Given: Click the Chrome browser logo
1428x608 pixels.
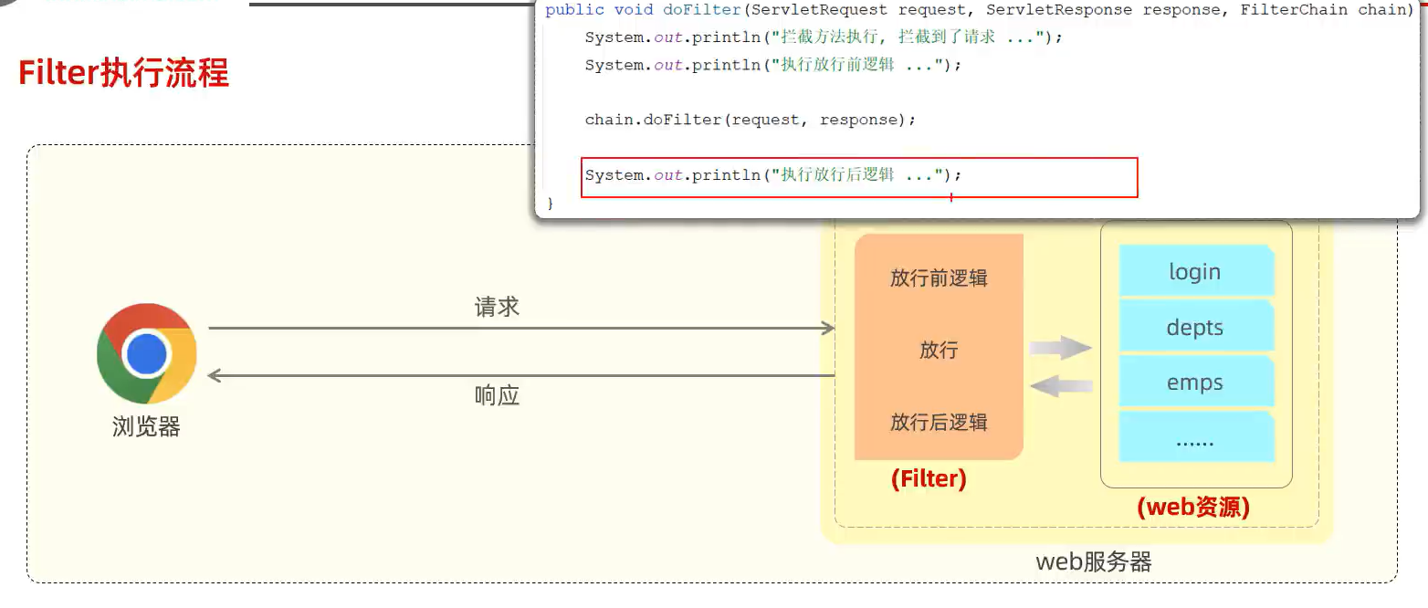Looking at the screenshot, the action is click(147, 353).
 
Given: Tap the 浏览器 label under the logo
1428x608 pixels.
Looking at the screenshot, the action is click(146, 426).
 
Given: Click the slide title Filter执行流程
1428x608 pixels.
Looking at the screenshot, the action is click(123, 73).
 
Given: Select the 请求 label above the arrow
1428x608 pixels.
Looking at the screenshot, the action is click(497, 307).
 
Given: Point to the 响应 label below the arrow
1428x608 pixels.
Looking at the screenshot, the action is click(497, 395).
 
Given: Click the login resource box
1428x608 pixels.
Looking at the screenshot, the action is click(1195, 271).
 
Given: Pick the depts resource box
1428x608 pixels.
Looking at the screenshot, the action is click(1195, 327).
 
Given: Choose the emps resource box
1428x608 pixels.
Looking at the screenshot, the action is click(1195, 383).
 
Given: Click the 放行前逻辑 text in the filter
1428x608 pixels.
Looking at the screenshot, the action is click(939, 278).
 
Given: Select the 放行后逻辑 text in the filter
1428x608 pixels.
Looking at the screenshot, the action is click(939, 423).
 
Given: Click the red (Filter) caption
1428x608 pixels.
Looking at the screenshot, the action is click(929, 478).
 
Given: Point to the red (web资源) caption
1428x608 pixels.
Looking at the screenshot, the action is click(1193, 507).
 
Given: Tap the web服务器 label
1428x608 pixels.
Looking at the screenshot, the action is click(1094, 561).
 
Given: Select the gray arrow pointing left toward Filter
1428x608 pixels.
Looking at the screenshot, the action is click(1061, 385).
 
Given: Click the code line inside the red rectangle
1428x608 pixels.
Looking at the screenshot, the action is click(773, 174).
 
